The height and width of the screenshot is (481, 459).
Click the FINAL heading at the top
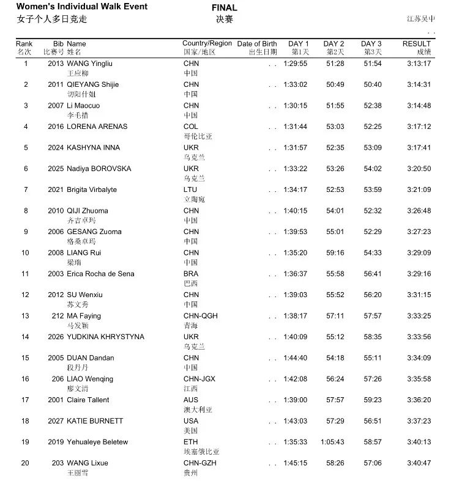pyautogui.click(x=224, y=8)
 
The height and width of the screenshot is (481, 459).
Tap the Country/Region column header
pyautogui.click(x=207, y=43)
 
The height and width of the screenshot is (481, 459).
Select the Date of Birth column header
pyautogui.click(x=257, y=44)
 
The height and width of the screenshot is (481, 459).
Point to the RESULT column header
pyautogui.click(x=416, y=44)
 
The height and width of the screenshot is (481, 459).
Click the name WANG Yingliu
pyautogui.click(x=89, y=64)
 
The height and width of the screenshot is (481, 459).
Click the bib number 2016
pyautogui.click(x=56, y=127)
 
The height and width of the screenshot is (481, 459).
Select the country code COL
pyautogui.click(x=191, y=127)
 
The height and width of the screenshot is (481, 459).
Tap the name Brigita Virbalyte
pyautogui.click(x=92, y=189)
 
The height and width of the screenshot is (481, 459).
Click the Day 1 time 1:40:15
pyautogui.click(x=296, y=211)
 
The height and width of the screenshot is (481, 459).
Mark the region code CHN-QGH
pyautogui.click(x=201, y=316)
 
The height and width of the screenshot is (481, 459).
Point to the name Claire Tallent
pyautogui.click(x=88, y=400)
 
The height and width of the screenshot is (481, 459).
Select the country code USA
pyautogui.click(x=191, y=421)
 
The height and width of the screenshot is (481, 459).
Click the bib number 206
pyautogui.click(x=58, y=379)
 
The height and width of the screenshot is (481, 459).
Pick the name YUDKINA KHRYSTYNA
pyautogui.click(x=105, y=337)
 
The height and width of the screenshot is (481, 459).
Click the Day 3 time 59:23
pyautogui.click(x=373, y=400)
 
